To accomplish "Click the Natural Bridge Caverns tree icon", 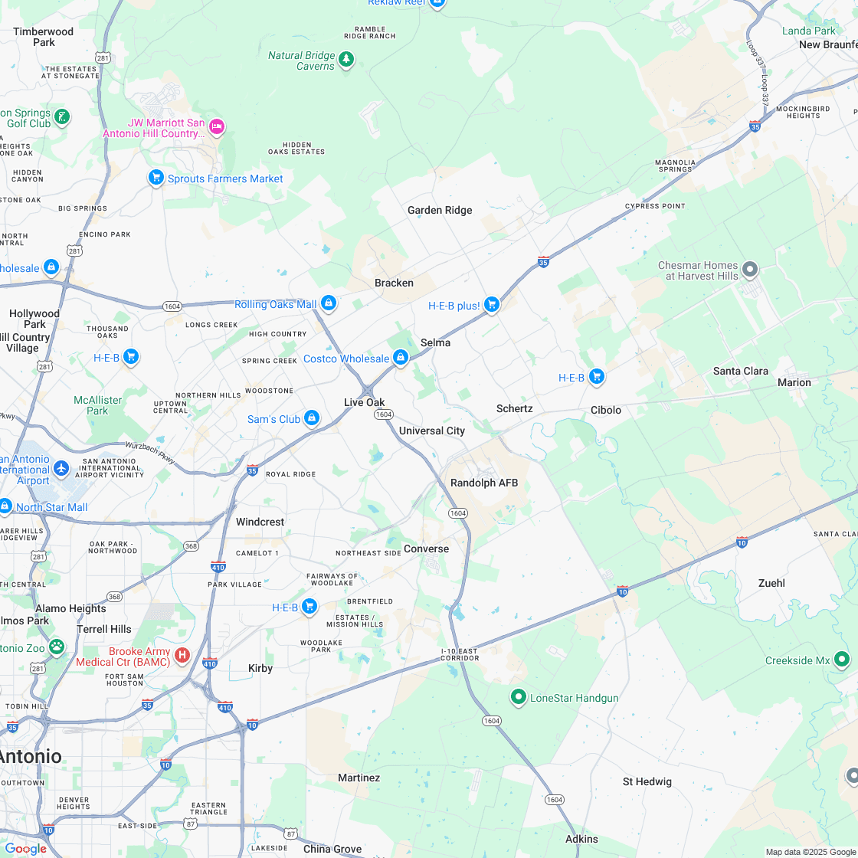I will click(x=346, y=58).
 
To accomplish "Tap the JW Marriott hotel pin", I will click(x=217, y=126).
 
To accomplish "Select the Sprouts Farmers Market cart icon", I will click(x=156, y=178).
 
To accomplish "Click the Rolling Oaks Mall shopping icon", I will click(x=329, y=303).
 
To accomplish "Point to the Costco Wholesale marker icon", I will click(x=400, y=357).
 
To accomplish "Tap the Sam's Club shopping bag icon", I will click(x=311, y=418).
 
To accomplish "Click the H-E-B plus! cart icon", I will click(x=492, y=304).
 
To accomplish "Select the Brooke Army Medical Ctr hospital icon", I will click(x=182, y=654).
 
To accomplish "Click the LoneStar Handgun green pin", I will click(x=519, y=696).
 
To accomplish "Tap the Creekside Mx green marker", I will click(x=842, y=659).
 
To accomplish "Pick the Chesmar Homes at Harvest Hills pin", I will click(x=750, y=269).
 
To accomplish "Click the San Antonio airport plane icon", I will click(x=61, y=468).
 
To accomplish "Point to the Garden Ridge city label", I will click(x=440, y=210).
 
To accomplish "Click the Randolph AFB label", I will click(x=484, y=483).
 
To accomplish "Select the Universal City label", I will click(x=432, y=431).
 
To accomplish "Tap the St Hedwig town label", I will click(x=647, y=781).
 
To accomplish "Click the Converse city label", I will click(x=426, y=549).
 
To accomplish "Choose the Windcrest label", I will click(x=260, y=522).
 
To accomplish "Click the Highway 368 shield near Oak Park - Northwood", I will click(x=191, y=545).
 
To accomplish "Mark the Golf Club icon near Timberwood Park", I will click(x=62, y=117).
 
